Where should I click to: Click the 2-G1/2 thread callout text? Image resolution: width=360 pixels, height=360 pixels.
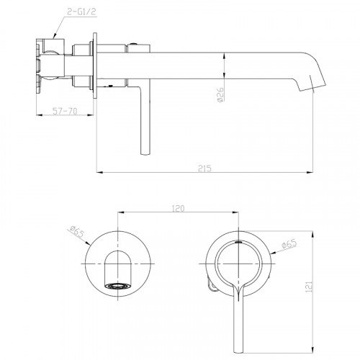click(81, 12)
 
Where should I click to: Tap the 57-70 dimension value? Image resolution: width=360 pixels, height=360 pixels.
click(65, 111)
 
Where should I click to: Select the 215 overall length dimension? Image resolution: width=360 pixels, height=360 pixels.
click(204, 168)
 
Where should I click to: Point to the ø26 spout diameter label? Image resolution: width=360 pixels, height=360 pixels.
click(220, 94)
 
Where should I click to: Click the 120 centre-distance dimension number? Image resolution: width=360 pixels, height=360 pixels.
click(178, 208)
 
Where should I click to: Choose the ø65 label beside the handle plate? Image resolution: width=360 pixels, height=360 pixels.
click(289, 245)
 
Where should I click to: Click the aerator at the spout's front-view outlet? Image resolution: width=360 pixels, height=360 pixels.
click(118, 286)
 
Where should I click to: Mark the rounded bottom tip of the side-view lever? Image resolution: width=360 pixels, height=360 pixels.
click(145, 153)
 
